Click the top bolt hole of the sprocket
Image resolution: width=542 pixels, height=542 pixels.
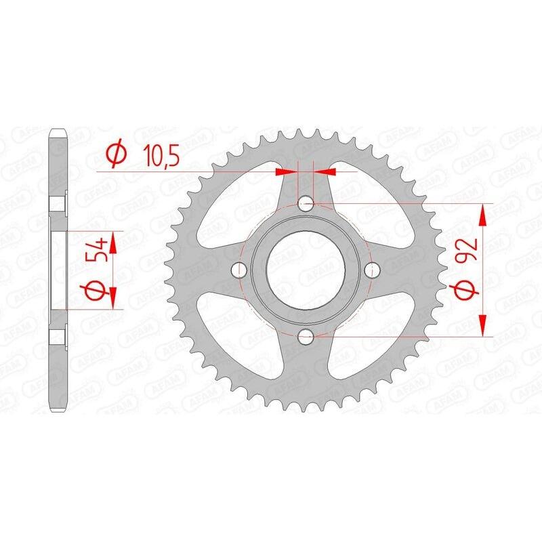305,203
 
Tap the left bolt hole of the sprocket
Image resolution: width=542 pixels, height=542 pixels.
238,270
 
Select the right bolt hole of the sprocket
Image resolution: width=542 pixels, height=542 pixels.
371,270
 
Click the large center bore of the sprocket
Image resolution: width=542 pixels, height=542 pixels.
305,270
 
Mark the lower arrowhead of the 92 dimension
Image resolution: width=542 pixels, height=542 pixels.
483,325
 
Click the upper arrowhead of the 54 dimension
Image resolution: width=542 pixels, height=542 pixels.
112,241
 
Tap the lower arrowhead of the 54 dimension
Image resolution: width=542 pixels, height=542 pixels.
112,297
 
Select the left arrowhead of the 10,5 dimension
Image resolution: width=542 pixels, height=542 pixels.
289,172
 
